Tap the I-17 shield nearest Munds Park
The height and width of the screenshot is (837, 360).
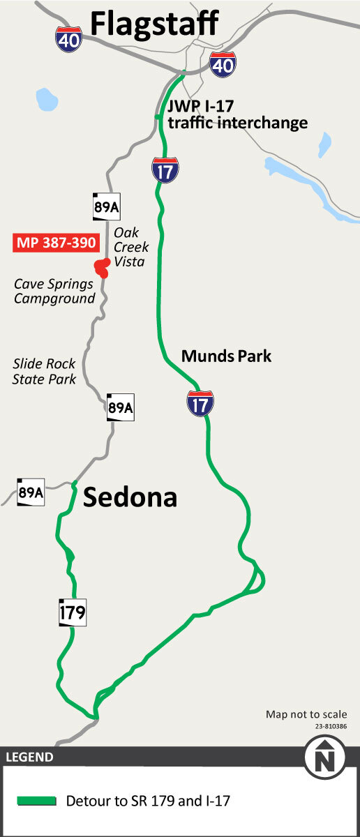tap(200, 403)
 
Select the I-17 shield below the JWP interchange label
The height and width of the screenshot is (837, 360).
tap(165, 169)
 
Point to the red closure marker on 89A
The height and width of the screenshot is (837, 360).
tap(102, 266)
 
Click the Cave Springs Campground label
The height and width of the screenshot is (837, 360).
tap(54, 292)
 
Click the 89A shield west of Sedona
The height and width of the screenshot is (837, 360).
tap(31, 492)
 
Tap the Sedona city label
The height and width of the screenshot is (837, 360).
tap(130, 497)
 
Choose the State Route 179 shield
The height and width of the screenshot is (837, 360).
tap(73, 613)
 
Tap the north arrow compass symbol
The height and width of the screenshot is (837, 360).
tap(323, 759)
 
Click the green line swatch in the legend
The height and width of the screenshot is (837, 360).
tap(37, 801)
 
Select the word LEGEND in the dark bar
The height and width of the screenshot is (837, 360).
tap(29, 757)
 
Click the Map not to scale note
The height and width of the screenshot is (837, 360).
tap(306, 714)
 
